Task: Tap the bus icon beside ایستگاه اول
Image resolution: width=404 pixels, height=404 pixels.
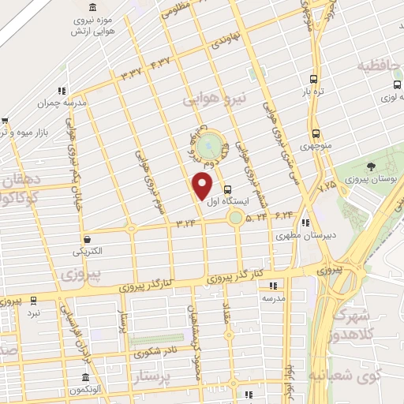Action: [228, 190]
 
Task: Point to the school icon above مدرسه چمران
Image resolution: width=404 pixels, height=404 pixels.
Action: [62, 91]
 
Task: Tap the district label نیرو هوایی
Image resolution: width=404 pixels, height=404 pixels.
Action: [215, 99]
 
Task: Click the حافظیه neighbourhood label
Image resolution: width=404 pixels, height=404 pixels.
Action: [380, 65]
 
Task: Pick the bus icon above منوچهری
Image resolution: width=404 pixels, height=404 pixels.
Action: [316, 133]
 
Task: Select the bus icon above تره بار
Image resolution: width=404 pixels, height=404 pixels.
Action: [314, 79]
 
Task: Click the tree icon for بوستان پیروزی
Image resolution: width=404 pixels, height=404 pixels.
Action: [370, 166]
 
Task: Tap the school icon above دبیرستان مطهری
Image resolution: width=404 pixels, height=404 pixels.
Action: [305, 223]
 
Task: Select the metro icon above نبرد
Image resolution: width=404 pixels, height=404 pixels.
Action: [33, 301]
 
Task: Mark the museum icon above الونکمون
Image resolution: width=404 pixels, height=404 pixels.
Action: [86, 377]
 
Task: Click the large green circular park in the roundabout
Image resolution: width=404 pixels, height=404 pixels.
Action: [210, 146]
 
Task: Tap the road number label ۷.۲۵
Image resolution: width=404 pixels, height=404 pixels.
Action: [327, 187]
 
